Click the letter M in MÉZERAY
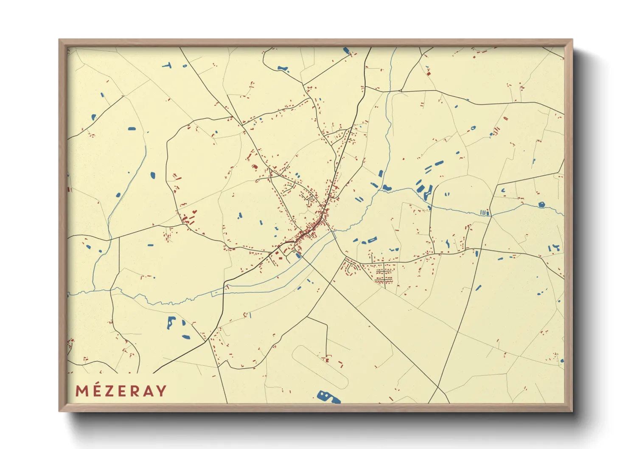(82, 391)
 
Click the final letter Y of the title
(161, 391)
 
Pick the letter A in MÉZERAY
(148, 391)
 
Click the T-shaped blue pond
(167, 66)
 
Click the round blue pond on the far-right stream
(541, 205)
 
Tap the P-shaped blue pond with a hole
(171, 322)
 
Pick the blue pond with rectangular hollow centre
(372, 241)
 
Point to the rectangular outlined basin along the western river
(217, 293)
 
